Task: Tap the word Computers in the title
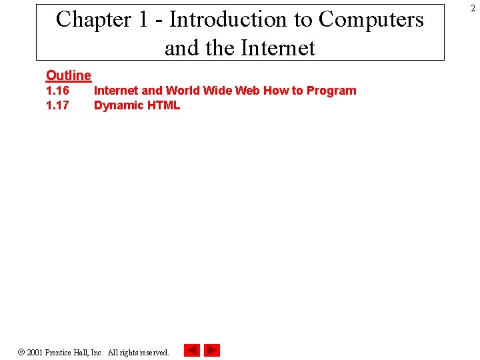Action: coord(371,20)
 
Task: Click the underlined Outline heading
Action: coord(68,76)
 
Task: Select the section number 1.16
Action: coord(57,91)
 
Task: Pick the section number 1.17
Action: coord(57,105)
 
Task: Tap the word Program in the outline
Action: coord(331,91)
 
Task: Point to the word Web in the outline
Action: coord(247,91)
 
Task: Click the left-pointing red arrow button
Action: coord(191,350)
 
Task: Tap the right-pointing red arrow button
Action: coord(212,350)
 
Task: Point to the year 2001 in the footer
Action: coord(35,352)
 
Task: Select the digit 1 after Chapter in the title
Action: coord(143,20)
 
